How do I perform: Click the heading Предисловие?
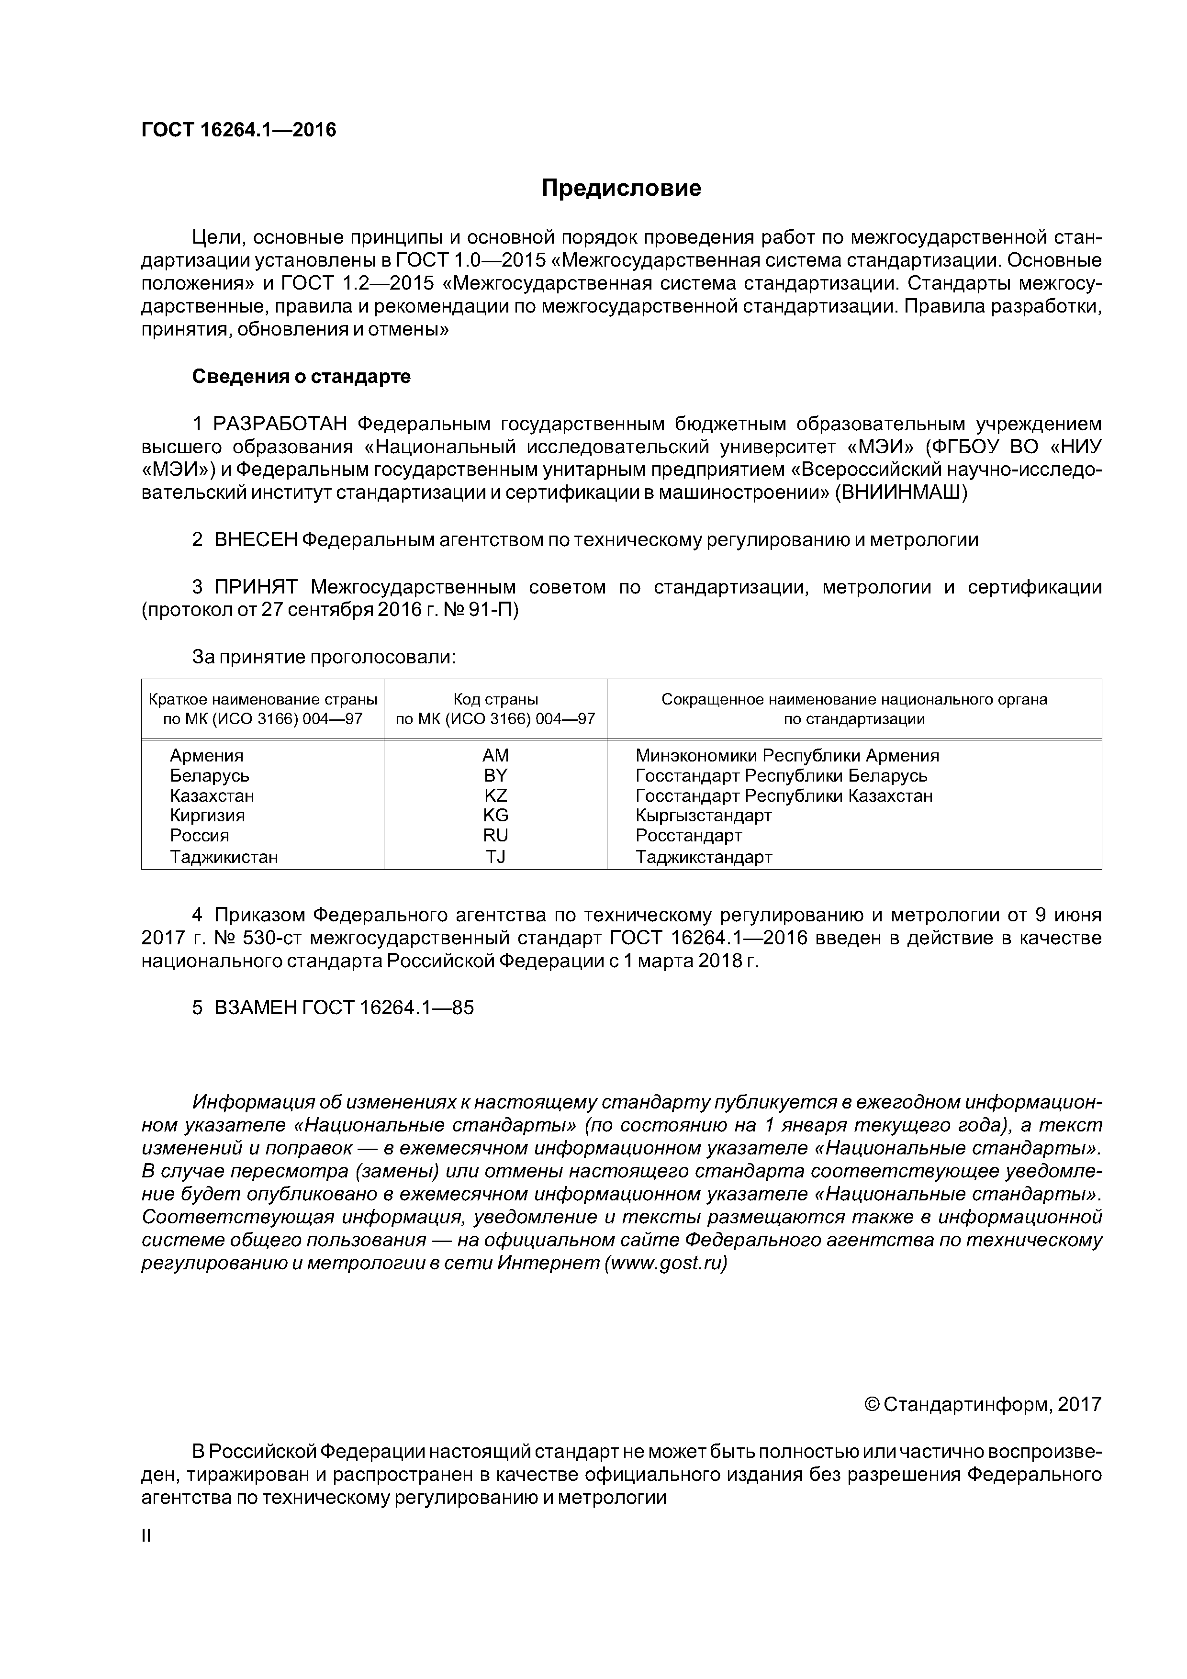click(621, 189)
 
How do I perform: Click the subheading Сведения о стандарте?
click(302, 377)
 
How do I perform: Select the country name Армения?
click(207, 755)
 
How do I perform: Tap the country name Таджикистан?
click(224, 856)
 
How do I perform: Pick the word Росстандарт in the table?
click(689, 835)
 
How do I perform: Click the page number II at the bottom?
click(146, 1536)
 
